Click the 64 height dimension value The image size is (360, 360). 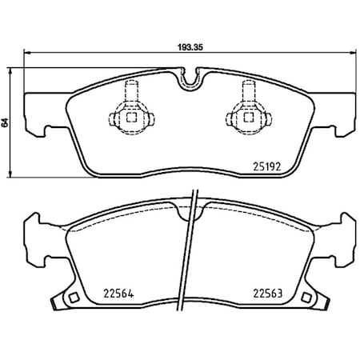pyautogui.click(x=6, y=123)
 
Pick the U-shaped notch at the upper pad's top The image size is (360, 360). pyautogui.click(x=190, y=79)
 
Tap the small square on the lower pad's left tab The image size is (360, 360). pyautogui.click(x=72, y=299)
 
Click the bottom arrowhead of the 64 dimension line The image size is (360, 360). pyautogui.click(x=10, y=175)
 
